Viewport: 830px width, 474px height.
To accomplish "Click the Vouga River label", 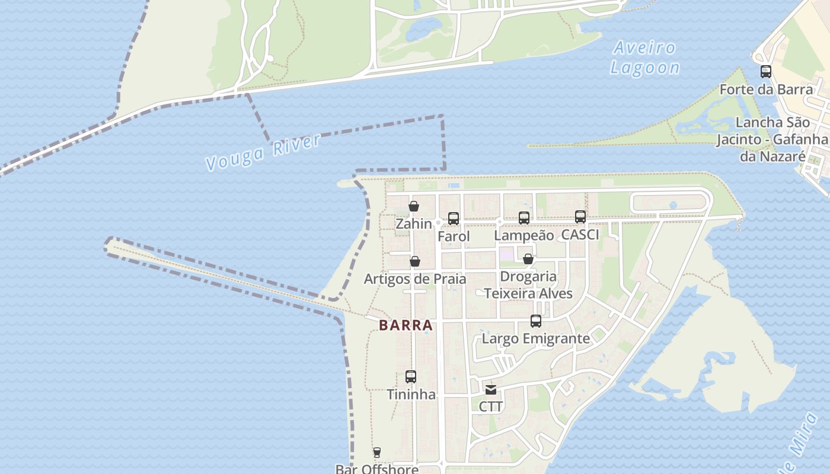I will tap(263, 152).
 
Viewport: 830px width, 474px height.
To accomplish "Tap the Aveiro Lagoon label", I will tap(645, 57).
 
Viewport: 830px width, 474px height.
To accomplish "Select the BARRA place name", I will tap(406, 325).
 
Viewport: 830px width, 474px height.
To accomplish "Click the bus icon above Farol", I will tap(454, 219).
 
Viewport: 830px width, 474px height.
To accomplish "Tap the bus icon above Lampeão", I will tap(524, 218).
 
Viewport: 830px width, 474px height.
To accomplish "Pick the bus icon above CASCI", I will tap(580, 217).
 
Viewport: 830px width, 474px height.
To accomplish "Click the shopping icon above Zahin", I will tap(414, 206).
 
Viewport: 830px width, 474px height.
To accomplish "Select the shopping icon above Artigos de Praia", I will tap(415, 261).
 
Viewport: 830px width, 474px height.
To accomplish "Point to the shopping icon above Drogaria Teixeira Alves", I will tap(528, 259).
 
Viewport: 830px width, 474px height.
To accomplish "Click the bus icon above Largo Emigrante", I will tap(536, 321).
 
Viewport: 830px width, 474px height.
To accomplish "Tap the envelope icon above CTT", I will tap(491, 389).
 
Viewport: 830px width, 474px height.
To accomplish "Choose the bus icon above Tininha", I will tap(411, 377).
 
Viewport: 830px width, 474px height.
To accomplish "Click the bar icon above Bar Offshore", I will tap(376, 453).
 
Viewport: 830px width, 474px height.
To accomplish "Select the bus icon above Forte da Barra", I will tap(766, 72).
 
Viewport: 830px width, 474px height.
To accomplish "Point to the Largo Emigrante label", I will tap(536, 339).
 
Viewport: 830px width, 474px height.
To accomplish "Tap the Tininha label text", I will tap(411, 395).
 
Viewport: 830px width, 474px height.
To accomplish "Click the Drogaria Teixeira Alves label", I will tap(528, 285).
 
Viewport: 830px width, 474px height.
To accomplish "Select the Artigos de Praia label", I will tap(415, 279).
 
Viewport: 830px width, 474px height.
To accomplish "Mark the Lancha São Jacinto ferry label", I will tap(772, 139).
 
